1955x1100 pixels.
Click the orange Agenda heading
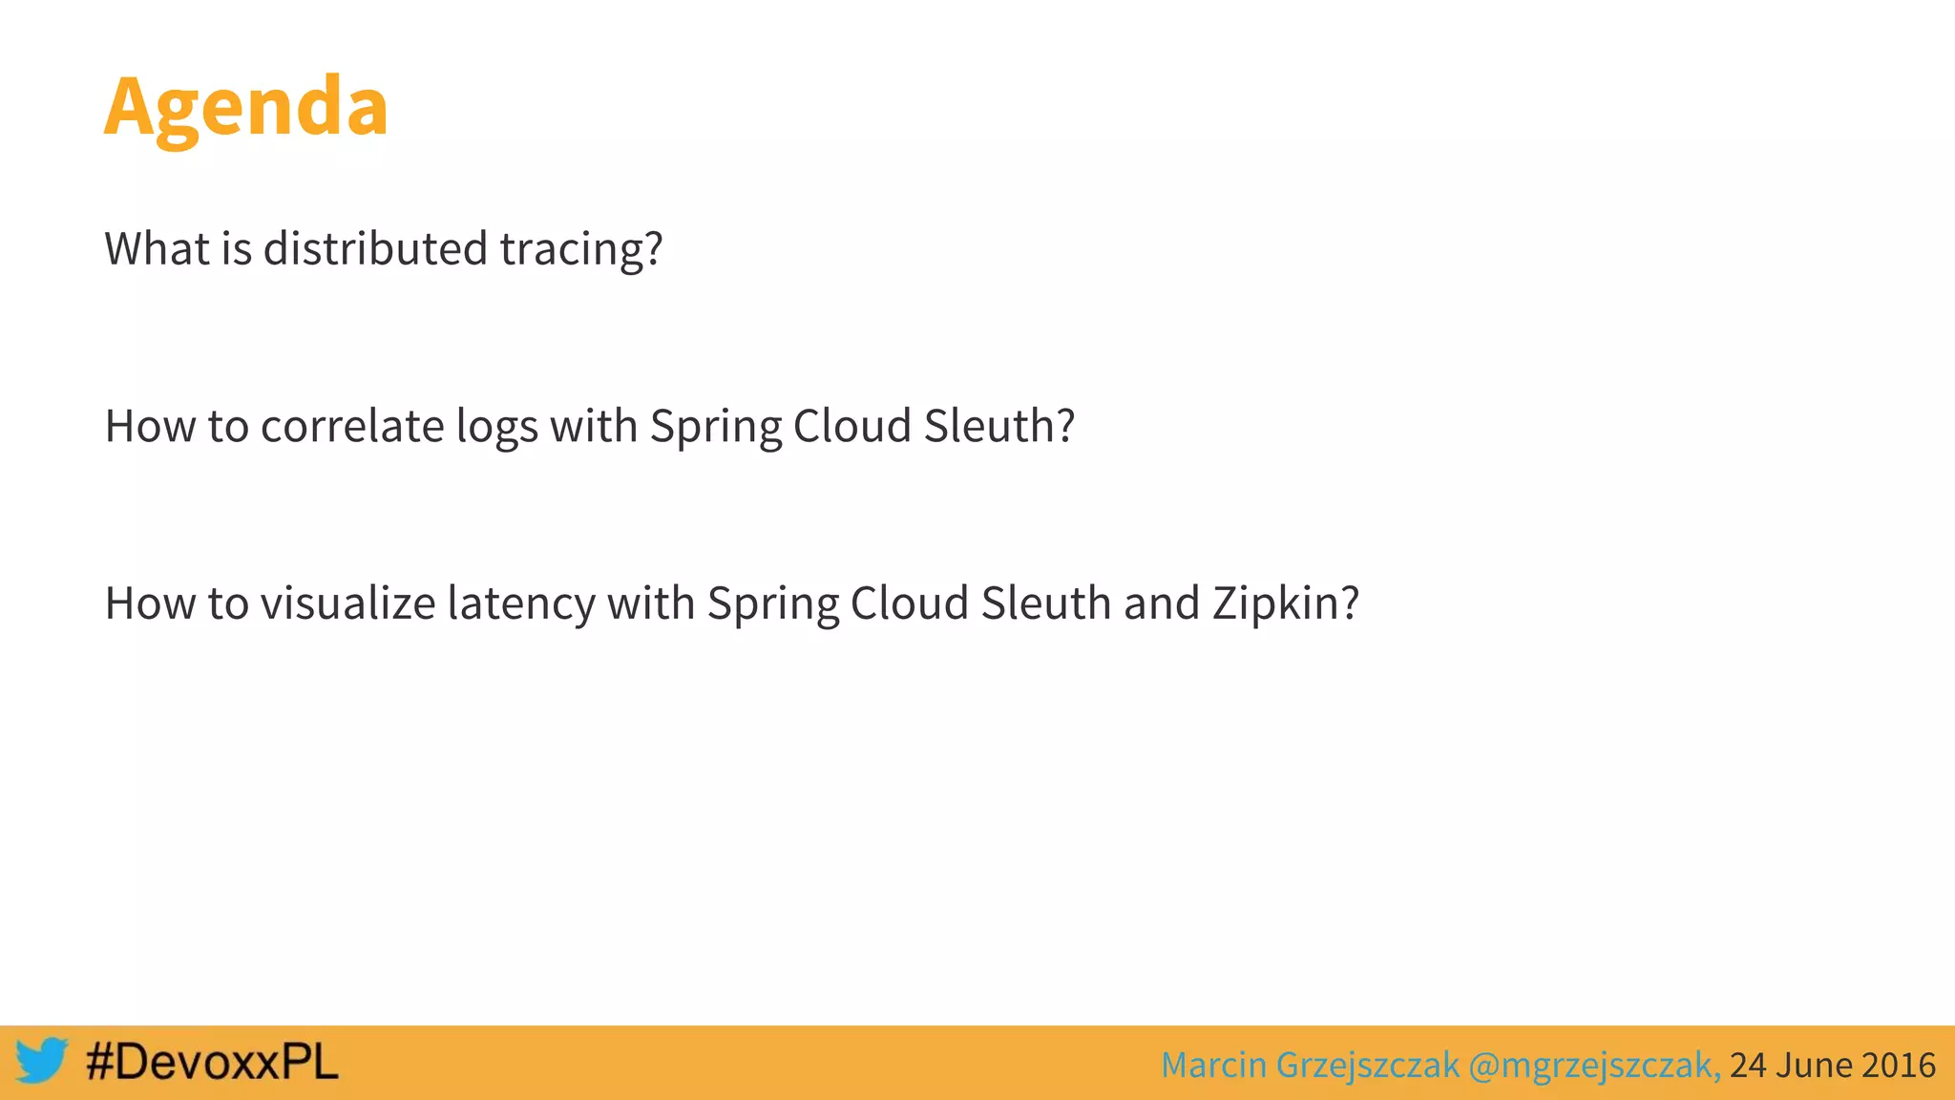click(246, 107)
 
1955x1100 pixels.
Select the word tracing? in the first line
click(580, 250)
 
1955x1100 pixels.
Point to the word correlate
click(352, 426)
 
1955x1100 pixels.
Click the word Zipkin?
click(1285, 604)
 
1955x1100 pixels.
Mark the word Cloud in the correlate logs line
click(851, 426)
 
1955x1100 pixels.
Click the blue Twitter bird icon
click(41, 1060)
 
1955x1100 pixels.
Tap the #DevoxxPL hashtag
click(212, 1062)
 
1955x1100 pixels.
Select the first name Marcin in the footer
click(1212, 1065)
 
